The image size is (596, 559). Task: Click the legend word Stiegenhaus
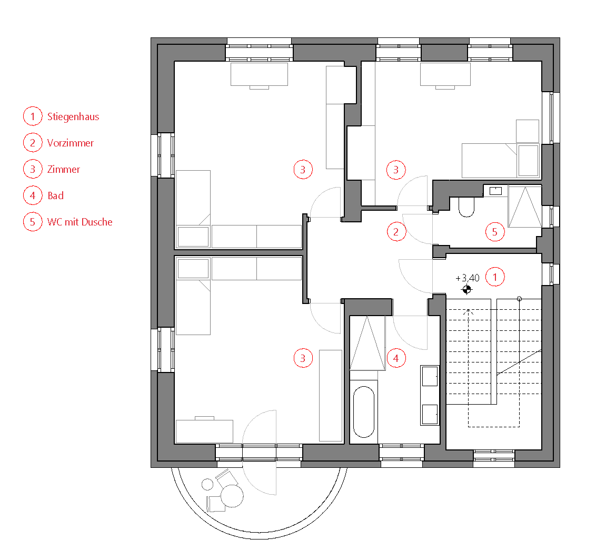(x=73, y=116)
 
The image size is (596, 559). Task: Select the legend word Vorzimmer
(x=71, y=143)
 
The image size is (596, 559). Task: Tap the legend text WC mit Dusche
(x=80, y=222)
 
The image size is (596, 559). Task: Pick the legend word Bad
(x=55, y=196)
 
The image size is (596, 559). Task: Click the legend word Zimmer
(x=64, y=169)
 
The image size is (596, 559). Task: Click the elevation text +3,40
(x=468, y=278)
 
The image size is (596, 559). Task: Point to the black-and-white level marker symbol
(x=467, y=289)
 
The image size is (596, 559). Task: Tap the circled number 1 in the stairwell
(x=495, y=277)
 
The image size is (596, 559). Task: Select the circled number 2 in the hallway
(x=396, y=232)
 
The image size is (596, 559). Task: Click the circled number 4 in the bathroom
(x=396, y=358)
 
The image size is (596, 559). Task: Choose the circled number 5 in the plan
(x=495, y=232)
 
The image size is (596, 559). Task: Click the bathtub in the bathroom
(x=364, y=412)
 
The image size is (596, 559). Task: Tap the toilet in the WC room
(x=466, y=207)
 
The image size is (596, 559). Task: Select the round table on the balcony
(x=232, y=496)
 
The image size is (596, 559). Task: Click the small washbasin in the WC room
(x=495, y=191)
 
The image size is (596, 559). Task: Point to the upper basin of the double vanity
(x=430, y=376)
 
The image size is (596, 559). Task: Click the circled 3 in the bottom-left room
(x=303, y=358)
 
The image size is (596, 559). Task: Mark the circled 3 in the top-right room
(x=396, y=170)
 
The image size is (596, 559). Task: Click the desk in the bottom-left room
(x=204, y=431)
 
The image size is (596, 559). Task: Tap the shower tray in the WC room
(x=525, y=207)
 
